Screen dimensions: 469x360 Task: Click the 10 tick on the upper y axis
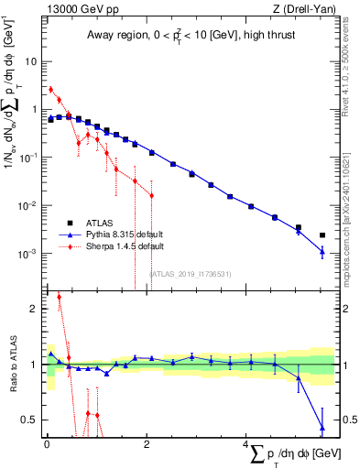tap(31, 61)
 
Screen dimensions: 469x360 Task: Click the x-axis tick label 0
tap(47, 444)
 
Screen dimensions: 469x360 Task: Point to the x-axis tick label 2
tap(146, 444)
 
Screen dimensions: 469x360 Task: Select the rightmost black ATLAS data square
tap(322, 235)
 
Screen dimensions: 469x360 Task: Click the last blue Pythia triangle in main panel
tap(322, 251)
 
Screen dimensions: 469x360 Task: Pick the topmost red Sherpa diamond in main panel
tap(50, 90)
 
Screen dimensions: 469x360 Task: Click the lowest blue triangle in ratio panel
tap(322, 427)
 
